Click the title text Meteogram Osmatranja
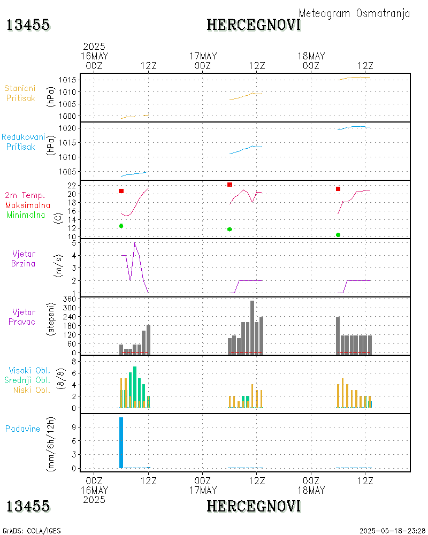pyautogui.click(x=354, y=13)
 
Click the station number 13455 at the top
pyautogui.click(x=28, y=25)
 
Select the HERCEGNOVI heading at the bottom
pyautogui.click(x=254, y=506)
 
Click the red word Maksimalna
pyautogui.click(x=28, y=205)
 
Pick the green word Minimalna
pyautogui.click(x=28, y=215)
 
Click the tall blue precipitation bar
pyautogui.click(x=121, y=442)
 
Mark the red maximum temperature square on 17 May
pyautogui.click(x=230, y=185)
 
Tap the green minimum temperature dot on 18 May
pyautogui.click(x=338, y=235)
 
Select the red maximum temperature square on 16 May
pyautogui.click(x=121, y=191)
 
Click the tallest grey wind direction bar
pyautogui.click(x=252, y=326)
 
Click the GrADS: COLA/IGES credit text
pyautogui.click(x=32, y=531)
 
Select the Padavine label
pyautogui.click(x=22, y=429)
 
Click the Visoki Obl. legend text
pyautogui.click(x=29, y=370)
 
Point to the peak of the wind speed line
pyautogui.click(x=135, y=243)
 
